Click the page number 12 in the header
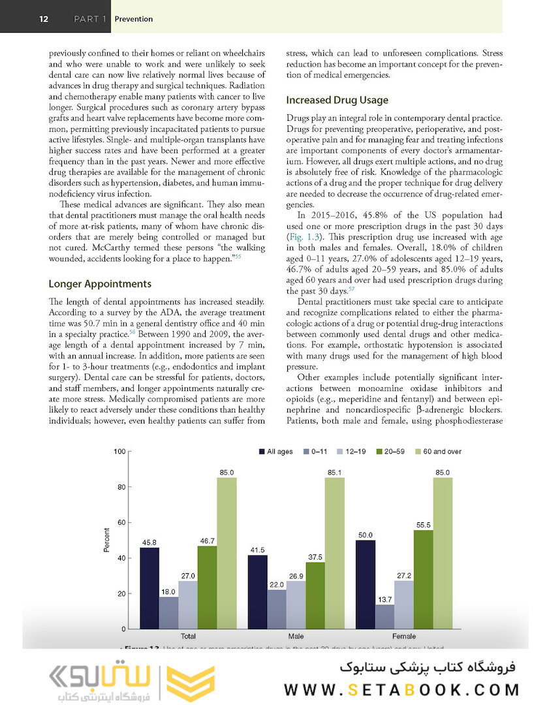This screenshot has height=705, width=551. (x=44, y=19)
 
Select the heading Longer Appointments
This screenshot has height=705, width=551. (x=100, y=284)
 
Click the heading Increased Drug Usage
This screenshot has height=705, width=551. (x=337, y=100)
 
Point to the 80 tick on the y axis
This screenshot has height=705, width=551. (x=121, y=487)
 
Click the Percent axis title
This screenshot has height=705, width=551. (x=106, y=540)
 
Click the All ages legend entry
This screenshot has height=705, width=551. (x=275, y=452)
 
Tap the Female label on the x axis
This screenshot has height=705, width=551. (x=404, y=635)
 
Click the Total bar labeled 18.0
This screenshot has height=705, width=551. (x=168, y=612)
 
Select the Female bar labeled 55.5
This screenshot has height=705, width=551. (x=423, y=579)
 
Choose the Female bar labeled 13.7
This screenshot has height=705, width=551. (x=385, y=616)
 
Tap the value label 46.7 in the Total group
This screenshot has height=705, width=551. (x=207, y=540)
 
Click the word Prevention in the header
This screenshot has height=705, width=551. (x=133, y=19)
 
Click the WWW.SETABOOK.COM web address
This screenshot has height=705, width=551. (x=402, y=689)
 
